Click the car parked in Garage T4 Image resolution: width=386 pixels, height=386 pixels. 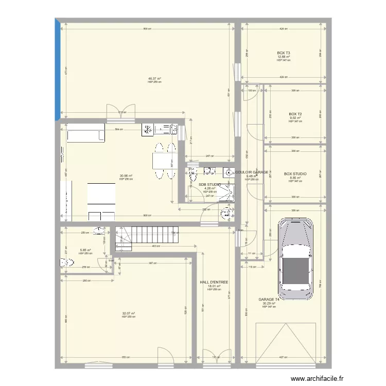point(295,259)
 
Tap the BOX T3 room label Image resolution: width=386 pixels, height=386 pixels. point(284,53)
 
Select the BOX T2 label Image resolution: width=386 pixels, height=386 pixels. point(295,114)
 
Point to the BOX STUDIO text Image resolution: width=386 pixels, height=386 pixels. point(295,174)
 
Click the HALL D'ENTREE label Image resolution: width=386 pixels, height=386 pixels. point(214,282)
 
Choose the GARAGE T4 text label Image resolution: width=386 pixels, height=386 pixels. point(269,300)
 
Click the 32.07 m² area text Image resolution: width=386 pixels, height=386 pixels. point(128,313)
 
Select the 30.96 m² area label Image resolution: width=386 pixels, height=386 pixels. point(126,176)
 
